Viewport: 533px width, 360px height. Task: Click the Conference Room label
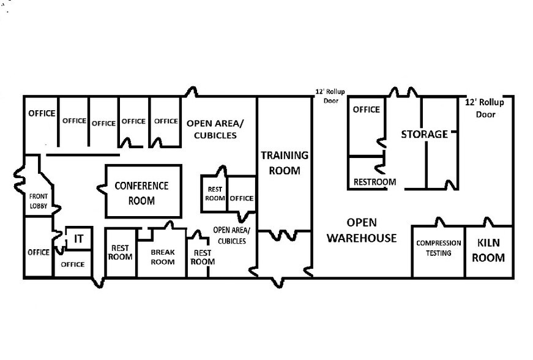click(x=141, y=193)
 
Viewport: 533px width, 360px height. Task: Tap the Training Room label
click(x=285, y=163)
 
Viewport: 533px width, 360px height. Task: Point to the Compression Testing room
click(x=438, y=248)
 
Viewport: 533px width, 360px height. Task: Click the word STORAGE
click(x=424, y=134)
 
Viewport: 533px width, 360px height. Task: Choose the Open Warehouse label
click(x=362, y=230)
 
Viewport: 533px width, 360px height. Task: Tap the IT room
click(x=78, y=239)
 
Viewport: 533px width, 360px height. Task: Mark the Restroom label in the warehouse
click(x=375, y=182)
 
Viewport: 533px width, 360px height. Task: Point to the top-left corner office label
click(x=42, y=113)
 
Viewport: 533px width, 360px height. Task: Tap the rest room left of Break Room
click(x=120, y=252)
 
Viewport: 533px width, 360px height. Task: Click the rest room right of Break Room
click(x=203, y=257)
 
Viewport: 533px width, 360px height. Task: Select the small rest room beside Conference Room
click(x=215, y=193)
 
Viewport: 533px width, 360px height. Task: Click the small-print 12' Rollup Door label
click(x=330, y=97)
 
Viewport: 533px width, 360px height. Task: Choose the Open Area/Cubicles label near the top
click(x=211, y=129)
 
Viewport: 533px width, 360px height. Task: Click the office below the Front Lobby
click(x=39, y=252)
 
